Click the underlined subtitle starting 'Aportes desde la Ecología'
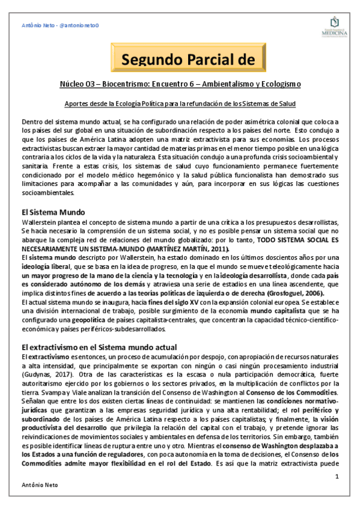(x=180, y=103)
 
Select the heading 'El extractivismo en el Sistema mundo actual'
(x=99, y=347)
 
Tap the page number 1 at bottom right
(x=338, y=477)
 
